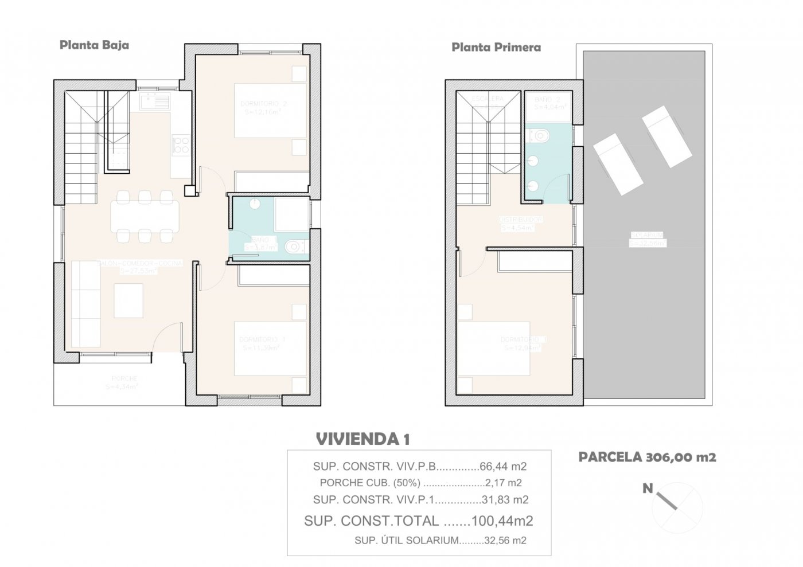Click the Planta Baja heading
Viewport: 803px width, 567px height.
(94, 45)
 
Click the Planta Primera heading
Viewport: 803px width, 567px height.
(496, 47)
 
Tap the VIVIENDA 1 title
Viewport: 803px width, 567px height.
(362, 440)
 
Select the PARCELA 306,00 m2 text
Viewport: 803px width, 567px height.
(647, 457)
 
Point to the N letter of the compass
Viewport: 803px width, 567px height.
(647, 488)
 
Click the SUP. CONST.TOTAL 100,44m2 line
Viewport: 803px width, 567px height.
(419, 521)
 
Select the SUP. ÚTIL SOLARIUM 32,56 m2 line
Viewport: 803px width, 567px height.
(440, 540)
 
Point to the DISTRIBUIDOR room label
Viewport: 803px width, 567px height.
(521, 220)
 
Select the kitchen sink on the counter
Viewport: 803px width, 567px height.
(154, 103)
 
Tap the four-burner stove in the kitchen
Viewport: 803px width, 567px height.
(181, 144)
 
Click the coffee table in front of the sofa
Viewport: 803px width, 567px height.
(128, 301)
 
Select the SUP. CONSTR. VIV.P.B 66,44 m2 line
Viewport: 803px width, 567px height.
(420, 466)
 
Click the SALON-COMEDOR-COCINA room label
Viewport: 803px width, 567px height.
(141, 264)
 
